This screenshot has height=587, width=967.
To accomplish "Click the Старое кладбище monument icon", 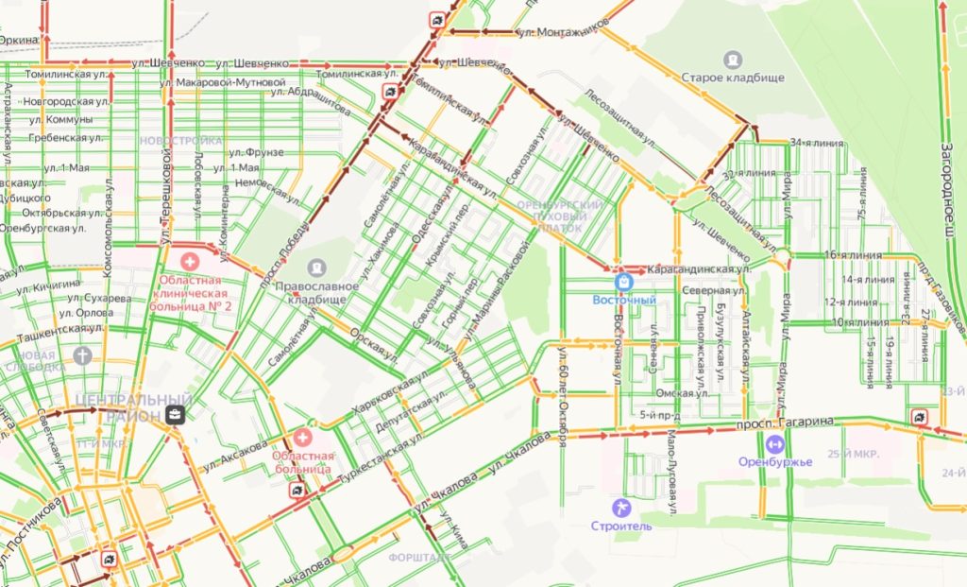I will [733, 59].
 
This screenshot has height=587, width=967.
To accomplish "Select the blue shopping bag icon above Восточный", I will [623, 282].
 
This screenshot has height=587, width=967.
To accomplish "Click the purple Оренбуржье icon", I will [774, 443].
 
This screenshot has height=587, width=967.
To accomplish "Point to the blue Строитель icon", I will [620, 508].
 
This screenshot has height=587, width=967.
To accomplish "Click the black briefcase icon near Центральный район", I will [175, 414].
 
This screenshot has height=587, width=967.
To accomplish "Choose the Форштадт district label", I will [419, 557].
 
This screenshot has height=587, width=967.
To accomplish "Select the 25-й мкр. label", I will [853, 455].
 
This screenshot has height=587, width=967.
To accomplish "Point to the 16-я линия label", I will [854, 255].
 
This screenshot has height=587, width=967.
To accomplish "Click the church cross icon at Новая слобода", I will [82, 355].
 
